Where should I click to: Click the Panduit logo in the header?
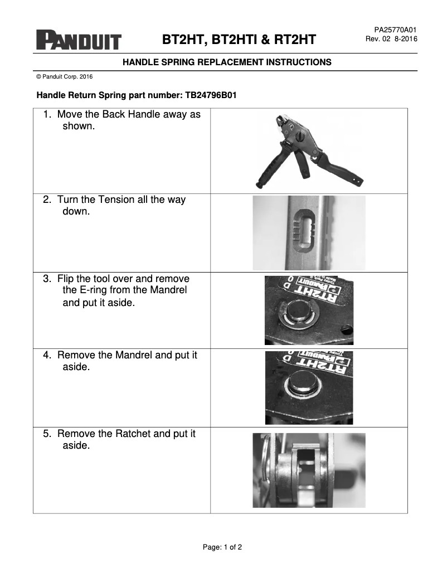79,40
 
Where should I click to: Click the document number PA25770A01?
395,30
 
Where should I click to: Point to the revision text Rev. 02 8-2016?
391,39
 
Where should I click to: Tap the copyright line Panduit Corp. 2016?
64,76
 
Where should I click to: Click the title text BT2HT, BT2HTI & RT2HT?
239,40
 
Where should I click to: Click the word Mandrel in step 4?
137,355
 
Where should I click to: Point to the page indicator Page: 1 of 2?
222,547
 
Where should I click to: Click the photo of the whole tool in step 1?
310,150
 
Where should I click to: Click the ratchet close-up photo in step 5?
309,470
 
